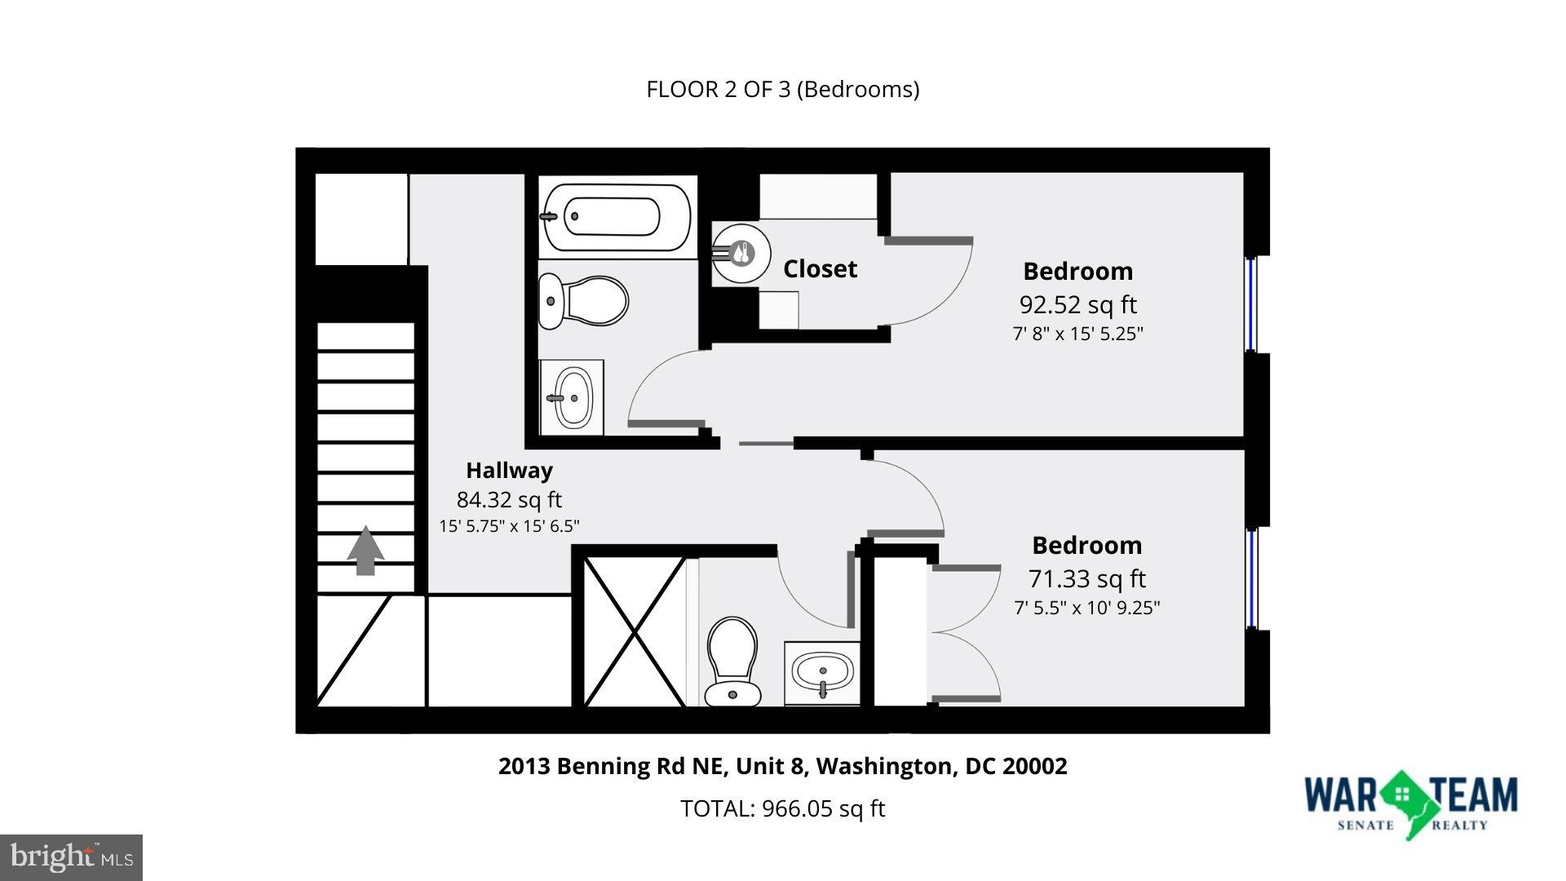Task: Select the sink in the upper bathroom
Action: pos(572,398)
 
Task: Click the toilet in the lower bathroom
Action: pos(732,661)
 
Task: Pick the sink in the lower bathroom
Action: pos(822,673)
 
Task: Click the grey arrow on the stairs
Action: pos(365,551)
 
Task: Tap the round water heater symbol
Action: pos(740,254)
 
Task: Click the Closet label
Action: pos(820,269)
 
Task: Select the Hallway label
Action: pos(509,471)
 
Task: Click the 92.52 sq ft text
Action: pos(1077,304)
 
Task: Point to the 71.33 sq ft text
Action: pos(1086,578)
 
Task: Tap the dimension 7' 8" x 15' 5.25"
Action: pos(1077,334)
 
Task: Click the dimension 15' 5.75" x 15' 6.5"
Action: pos(509,526)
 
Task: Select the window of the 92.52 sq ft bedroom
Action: pos(1252,303)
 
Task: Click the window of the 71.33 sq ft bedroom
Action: pos(1252,578)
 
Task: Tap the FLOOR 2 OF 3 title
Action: pos(782,89)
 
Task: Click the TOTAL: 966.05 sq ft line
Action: pos(782,808)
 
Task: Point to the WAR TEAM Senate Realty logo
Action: pos(1410,802)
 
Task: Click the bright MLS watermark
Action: pos(72,857)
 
